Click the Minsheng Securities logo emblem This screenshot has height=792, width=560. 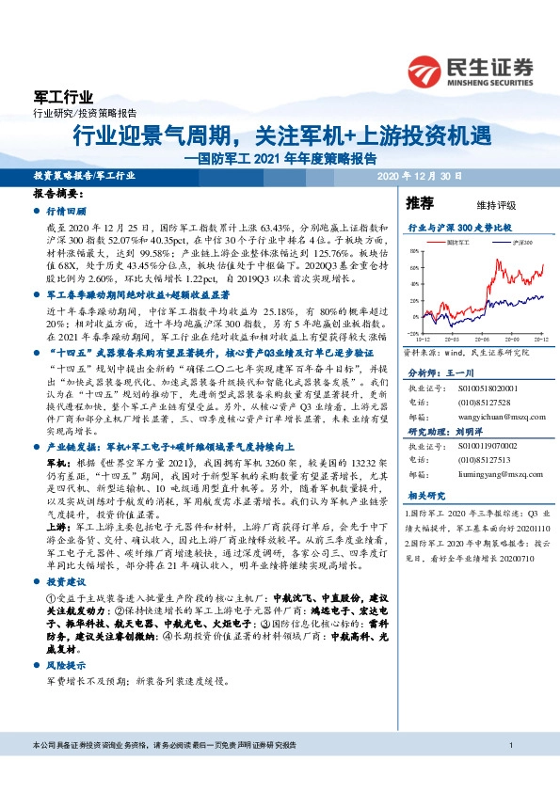427,71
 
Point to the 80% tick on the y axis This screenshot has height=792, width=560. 415,253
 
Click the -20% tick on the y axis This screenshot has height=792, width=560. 414,333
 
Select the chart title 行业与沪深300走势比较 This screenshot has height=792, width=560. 458,228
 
